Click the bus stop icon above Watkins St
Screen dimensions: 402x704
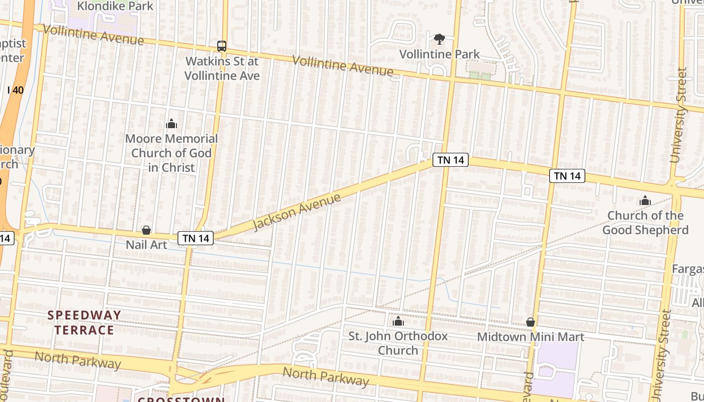click(222, 46)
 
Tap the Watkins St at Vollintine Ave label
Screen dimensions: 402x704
click(222, 68)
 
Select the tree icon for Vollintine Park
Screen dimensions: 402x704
click(439, 39)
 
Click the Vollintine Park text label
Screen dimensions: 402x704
click(439, 54)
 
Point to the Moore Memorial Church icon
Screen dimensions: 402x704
click(171, 124)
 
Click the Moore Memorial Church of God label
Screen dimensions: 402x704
click(171, 153)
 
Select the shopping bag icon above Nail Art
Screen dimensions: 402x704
click(146, 230)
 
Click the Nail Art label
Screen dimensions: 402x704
click(146, 245)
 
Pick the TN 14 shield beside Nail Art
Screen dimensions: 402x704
click(196, 238)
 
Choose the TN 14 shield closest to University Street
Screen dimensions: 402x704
click(567, 175)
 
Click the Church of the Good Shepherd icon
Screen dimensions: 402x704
click(645, 201)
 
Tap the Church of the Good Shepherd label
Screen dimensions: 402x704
click(645, 223)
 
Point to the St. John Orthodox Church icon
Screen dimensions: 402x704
click(398, 321)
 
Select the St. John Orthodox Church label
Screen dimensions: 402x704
click(398, 343)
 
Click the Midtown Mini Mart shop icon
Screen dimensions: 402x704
click(531, 322)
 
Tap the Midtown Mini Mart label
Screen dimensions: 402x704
click(531, 337)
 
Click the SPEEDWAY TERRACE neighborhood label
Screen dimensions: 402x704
click(84, 323)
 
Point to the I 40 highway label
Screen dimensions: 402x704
click(16, 90)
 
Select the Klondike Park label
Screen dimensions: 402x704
click(115, 7)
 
